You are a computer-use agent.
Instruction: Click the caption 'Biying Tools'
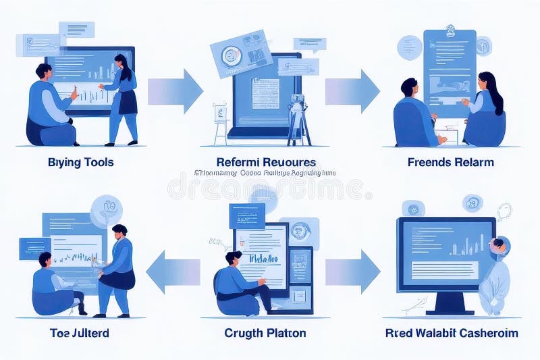point(81,162)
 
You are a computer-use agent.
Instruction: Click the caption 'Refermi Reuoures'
point(266,162)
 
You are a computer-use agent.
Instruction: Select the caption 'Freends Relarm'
point(451,162)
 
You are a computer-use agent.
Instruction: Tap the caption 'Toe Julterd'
point(80,333)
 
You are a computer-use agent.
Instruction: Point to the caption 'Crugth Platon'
point(265,333)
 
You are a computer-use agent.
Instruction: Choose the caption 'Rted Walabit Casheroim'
point(452,333)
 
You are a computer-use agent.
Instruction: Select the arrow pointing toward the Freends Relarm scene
point(352,91)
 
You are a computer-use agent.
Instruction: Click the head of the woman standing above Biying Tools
point(122,62)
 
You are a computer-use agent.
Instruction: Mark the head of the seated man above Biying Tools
point(44,71)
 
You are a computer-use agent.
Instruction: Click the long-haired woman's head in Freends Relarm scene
point(487,82)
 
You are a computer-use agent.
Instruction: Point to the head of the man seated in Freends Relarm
point(409,86)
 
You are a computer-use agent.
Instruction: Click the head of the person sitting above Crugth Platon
point(234,259)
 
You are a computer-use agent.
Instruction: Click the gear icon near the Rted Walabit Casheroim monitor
point(504,211)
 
